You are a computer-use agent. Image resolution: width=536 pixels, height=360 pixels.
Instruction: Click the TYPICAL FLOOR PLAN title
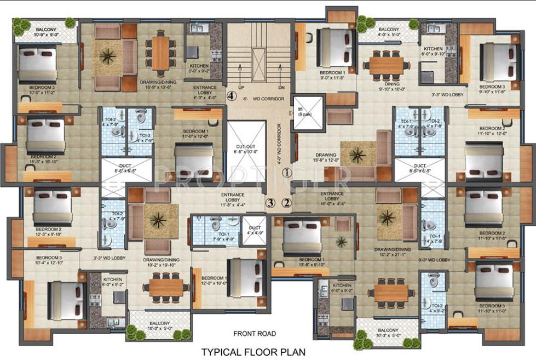pos(253,352)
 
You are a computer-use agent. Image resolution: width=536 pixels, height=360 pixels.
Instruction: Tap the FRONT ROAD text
pos(255,333)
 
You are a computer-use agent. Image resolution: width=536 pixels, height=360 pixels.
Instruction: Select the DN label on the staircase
pos(281,87)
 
